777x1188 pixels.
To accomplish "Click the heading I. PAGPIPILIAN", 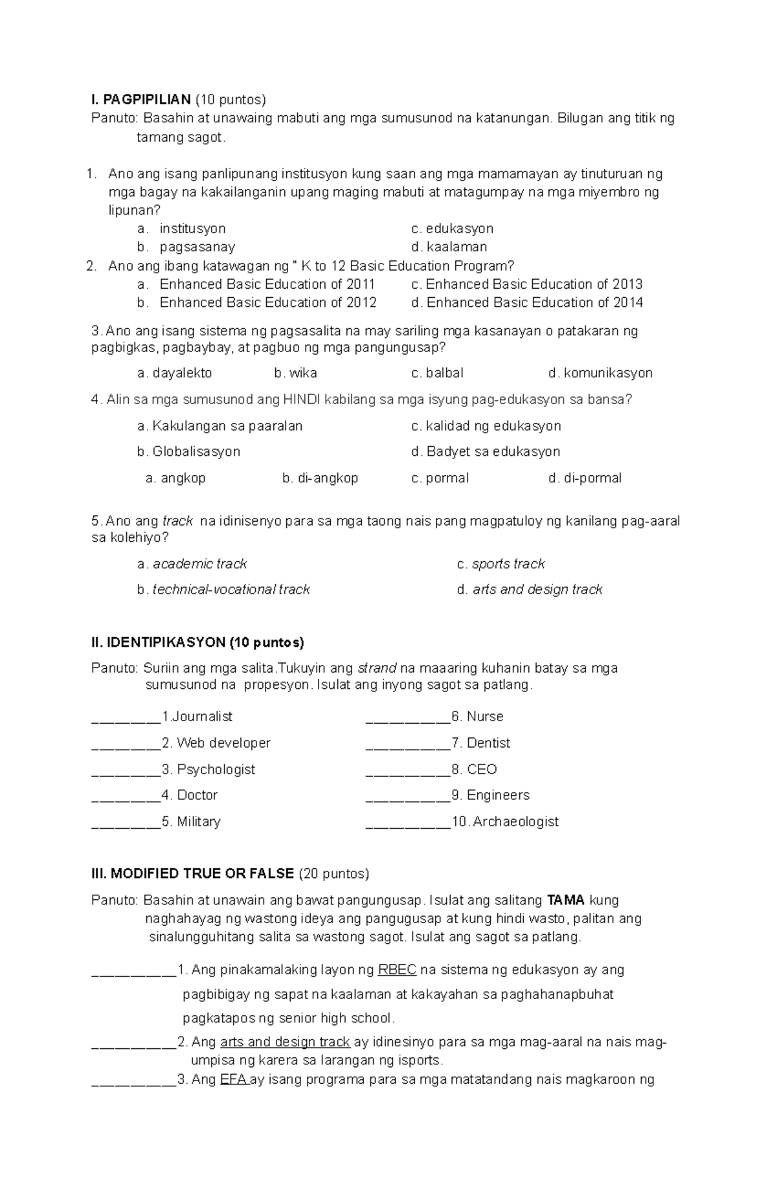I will [x=141, y=100].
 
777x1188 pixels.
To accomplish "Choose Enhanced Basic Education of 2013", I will [x=526, y=284].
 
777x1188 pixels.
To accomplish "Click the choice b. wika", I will [x=295, y=373].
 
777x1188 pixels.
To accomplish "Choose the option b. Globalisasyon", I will [x=188, y=451].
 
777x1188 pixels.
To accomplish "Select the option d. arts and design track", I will [x=530, y=589].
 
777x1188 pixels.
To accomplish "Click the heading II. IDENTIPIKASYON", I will [x=197, y=642].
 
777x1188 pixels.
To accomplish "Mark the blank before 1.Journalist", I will [x=126, y=717].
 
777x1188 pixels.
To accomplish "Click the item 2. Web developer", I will [x=216, y=743].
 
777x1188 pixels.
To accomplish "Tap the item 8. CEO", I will [x=474, y=769].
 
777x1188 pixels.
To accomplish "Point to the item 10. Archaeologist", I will [x=505, y=822].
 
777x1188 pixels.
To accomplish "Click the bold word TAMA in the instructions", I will [x=566, y=901].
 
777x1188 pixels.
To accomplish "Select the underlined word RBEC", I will [x=397, y=970].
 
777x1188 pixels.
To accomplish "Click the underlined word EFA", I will [x=233, y=1079].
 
